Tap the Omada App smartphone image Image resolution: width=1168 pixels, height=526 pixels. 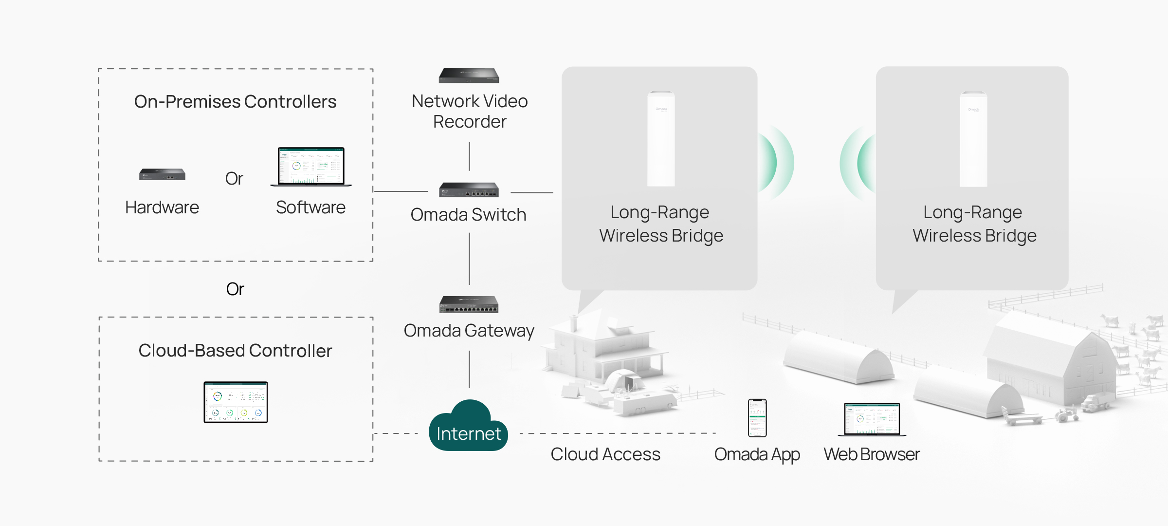(x=757, y=418)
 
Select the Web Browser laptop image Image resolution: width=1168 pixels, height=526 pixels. (x=872, y=419)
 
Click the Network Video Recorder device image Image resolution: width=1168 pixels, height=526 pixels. (x=469, y=75)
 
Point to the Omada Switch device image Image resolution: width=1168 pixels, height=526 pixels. (x=469, y=189)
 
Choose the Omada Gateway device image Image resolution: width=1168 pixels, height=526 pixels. (x=469, y=304)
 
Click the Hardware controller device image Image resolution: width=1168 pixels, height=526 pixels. (x=162, y=174)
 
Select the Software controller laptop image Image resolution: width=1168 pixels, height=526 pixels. (x=311, y=167)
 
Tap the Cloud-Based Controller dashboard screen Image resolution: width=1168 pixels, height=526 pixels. (x=236, y=402)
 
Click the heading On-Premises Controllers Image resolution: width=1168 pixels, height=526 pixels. (x=235, y=102)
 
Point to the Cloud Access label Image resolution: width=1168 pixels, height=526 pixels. (x=605, y=454)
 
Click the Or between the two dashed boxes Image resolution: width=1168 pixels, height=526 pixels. (x=235, y=289)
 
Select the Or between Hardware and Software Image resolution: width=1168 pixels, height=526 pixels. (x=234, y=179)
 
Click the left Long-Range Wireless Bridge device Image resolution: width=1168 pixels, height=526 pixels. (x=660, y=139)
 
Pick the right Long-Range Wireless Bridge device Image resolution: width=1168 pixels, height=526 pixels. (x=973, y=139)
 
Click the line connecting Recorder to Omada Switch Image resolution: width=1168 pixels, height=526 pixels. (x=469, y=156)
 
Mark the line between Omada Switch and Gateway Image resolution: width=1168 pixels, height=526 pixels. (x=469, y=259)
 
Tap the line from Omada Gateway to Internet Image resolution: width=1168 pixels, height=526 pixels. (x=469, y=369)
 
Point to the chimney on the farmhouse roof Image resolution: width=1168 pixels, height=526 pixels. (x=574, y=322)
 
